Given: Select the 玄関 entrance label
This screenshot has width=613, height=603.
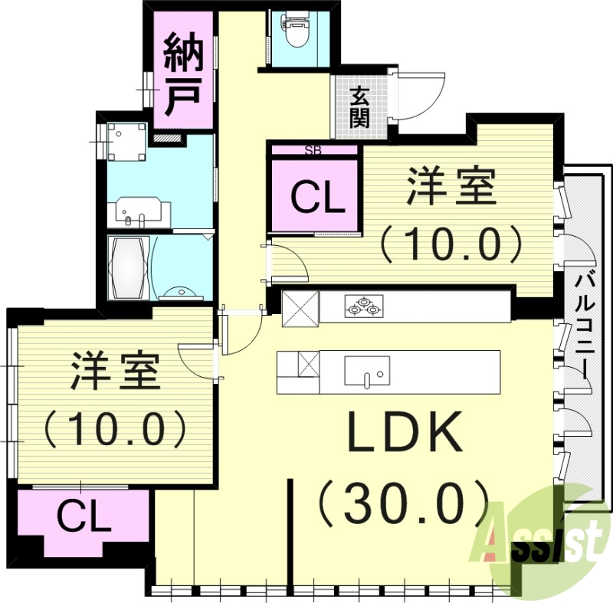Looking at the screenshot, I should pyautogui.click(x=359, y=107).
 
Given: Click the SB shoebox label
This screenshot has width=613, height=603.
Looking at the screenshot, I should pyautogui.click(x=313, y=149).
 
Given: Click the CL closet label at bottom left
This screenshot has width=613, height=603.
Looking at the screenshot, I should pyautogui.click(x=83, y=518).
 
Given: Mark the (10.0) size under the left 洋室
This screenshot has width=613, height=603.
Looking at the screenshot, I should pyautogui.click(x=115, y=428).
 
